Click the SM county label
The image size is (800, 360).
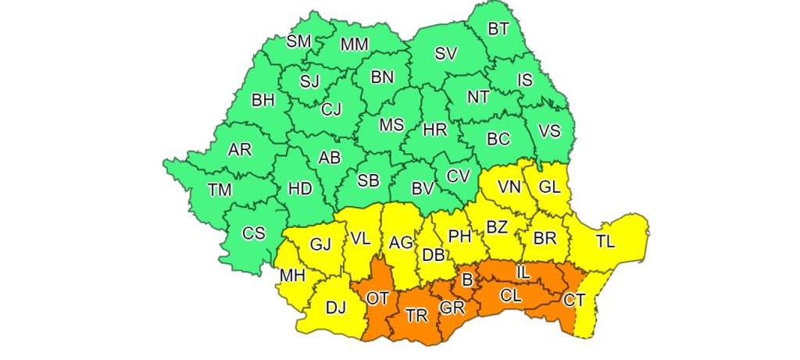point(298,41)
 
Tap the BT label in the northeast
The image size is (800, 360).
point(498,29)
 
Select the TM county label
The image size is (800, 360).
point(220,189)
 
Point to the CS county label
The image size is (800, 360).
point(253,233)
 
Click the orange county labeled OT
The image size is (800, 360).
point(377,298)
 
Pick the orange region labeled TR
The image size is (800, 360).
point(417,316)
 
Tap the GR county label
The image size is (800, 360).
point(452,308)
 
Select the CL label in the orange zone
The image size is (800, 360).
point(511,296)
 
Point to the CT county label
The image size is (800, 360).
point(574,299)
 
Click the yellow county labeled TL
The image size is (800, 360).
point(605,242)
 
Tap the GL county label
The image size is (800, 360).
point(551,187)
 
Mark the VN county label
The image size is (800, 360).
point(509,187)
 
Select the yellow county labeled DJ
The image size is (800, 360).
point(335,308)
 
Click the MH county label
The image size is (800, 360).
point(292,276)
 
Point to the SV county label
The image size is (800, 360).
point(445,54)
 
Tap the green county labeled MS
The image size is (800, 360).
point(391,125)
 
